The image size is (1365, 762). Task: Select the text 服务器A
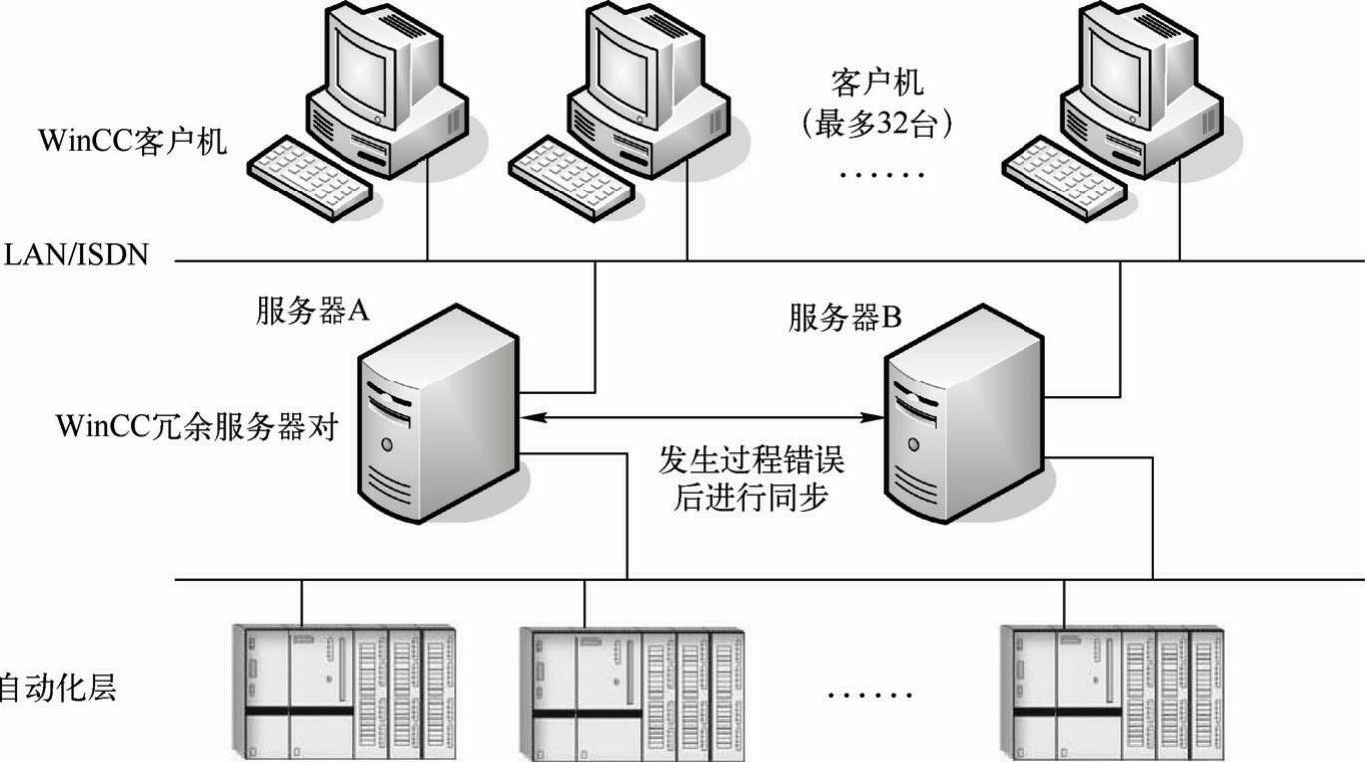click(313, 311)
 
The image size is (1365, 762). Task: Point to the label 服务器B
click(845, 318)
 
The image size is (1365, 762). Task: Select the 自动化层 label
click(57, 688)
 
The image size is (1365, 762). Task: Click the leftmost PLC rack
click(344, 692)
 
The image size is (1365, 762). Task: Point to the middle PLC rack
click(631, 692)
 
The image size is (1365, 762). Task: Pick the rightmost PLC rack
click(1110, 692)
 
